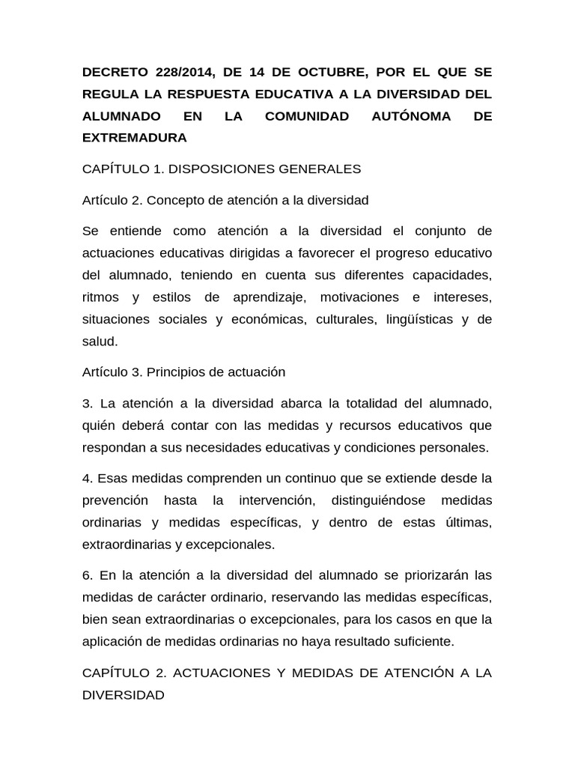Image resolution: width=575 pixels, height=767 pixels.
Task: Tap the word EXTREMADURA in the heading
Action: tap(135, 138)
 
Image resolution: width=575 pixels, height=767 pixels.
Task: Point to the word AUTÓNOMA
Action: tap(411, 116)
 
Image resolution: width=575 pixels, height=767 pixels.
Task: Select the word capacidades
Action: tap(453, 274)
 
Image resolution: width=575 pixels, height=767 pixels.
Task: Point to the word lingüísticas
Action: tap(420, 319)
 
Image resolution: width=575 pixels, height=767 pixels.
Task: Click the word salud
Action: tap(100, 341)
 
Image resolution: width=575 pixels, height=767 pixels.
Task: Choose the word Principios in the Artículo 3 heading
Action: tap(173, 372)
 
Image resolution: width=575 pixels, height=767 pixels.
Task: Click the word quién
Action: tap(101, 425)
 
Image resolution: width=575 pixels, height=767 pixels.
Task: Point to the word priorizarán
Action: tap(428, 575)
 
